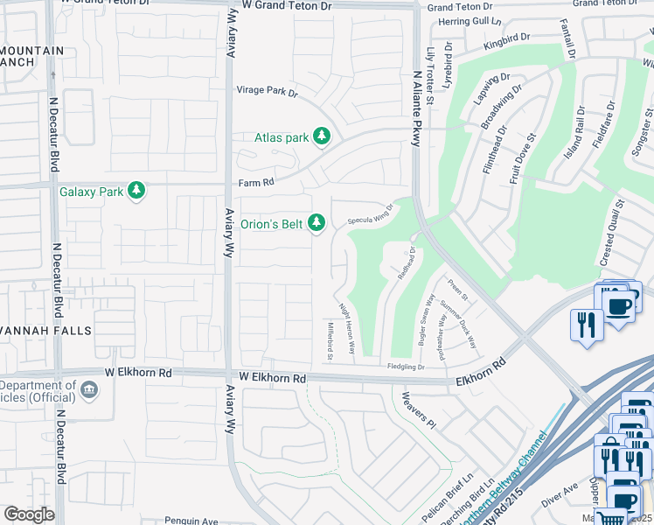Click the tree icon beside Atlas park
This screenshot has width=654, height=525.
(x=323, y=136)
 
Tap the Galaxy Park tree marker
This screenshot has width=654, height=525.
(x=136, y=191)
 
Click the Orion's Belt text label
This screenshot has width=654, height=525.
(x=272, y=225)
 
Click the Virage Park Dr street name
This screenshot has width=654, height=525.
(x=268, y=90)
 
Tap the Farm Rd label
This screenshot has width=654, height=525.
(x=256, y=183)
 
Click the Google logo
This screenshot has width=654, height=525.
(x=29, y=514)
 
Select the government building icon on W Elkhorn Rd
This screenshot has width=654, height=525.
(x=87, y=388)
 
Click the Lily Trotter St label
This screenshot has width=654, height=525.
(x=430, y=77)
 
